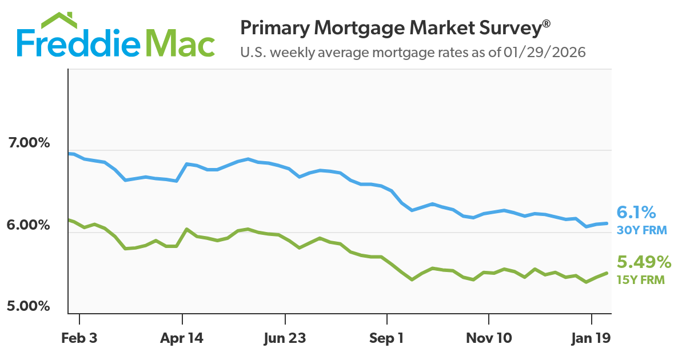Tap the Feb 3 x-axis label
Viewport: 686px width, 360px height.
click(79, 338)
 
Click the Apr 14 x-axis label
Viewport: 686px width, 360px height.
click(182, 338)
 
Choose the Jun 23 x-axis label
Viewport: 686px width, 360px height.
click(284, 338)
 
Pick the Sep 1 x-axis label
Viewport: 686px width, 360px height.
click(386, 338)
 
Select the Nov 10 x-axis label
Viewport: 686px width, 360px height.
click(488, 338)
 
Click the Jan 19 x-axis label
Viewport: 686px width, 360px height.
click(591, 338)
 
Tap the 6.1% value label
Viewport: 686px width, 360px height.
click(636, 213)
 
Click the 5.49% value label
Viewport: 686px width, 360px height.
click(644, 262)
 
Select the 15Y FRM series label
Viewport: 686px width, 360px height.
click(640, 280)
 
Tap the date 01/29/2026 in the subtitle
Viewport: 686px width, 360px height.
click(545, 53)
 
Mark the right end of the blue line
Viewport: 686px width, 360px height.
click(607, 223)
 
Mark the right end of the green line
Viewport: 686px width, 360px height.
click(607, 273)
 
